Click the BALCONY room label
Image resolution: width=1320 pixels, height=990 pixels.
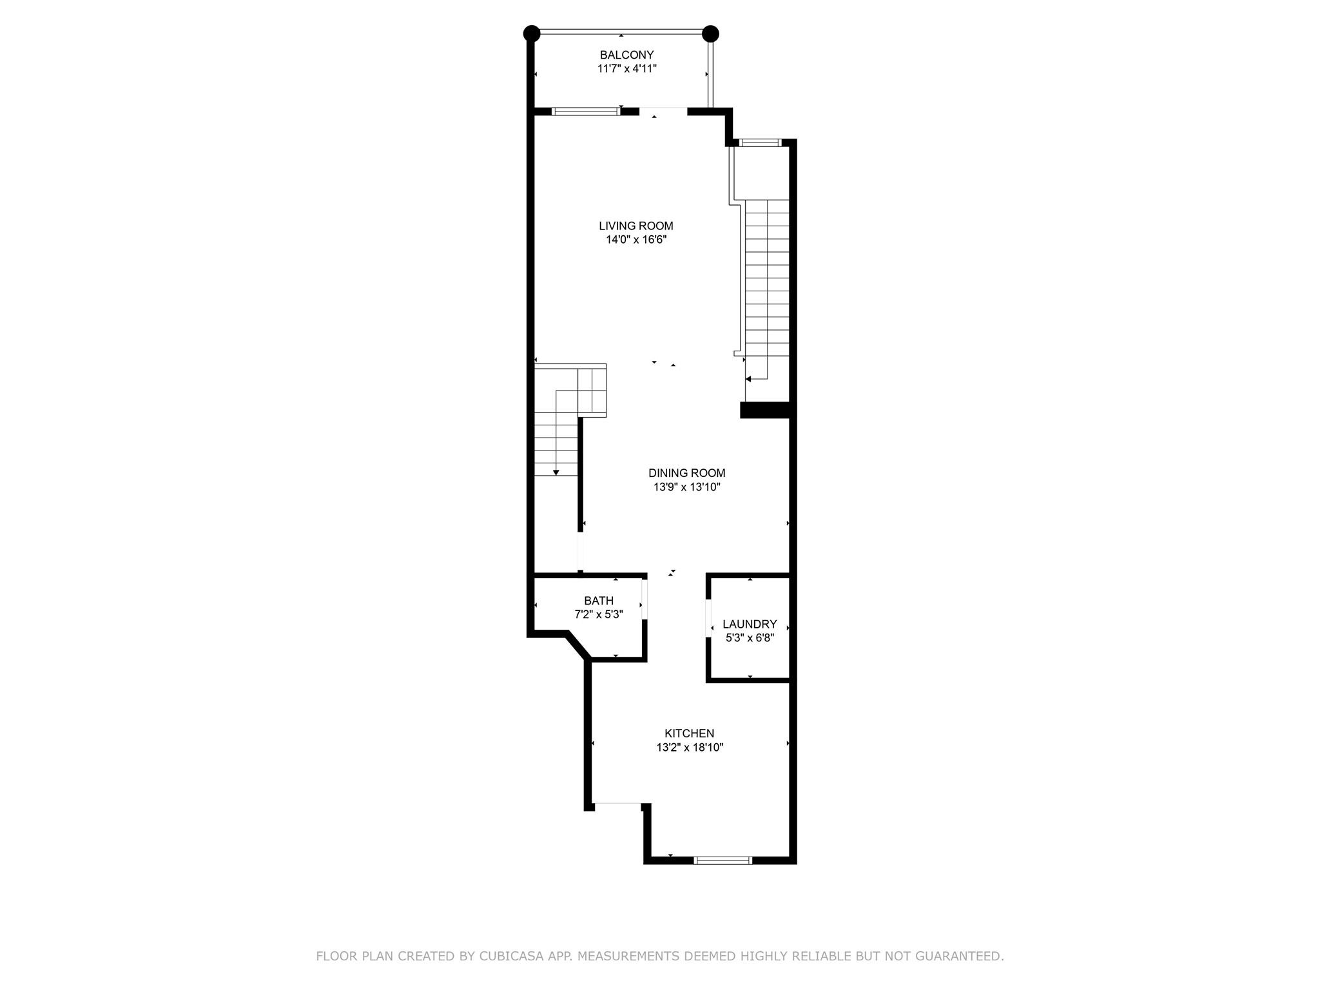click(626, 55)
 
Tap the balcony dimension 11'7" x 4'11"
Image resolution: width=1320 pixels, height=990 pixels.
click(626, 68)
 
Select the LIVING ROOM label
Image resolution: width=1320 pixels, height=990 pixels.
click(636, 226)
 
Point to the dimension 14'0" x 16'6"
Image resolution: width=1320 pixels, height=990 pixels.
click(636, 240)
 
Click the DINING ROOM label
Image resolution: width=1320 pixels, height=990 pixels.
click(687, 473)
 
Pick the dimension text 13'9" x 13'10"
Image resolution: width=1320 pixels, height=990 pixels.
click(687, 487)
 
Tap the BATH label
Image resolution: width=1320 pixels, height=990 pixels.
click(599, 601)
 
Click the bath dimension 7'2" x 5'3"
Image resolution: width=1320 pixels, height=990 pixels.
click(599, 615)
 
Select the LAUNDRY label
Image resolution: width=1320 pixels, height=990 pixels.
click(750, 624)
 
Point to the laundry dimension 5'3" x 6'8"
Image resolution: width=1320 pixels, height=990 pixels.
click(750, 638)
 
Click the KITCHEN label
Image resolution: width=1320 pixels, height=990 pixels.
click(690, 733)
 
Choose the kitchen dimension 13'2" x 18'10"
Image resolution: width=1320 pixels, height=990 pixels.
click(690, 748)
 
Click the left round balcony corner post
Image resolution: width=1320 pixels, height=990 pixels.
click(531, 33)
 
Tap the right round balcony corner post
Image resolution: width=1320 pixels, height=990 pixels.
click(710, 33)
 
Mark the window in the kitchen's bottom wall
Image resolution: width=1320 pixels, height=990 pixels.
click(723, 860)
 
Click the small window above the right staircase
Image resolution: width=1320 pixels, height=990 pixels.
click(760, 142)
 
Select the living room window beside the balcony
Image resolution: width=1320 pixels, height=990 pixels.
click(586, 112)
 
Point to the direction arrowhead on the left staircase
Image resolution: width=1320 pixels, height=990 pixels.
click(556, 473)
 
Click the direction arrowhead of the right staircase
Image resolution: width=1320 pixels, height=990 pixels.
click(748, 379)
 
